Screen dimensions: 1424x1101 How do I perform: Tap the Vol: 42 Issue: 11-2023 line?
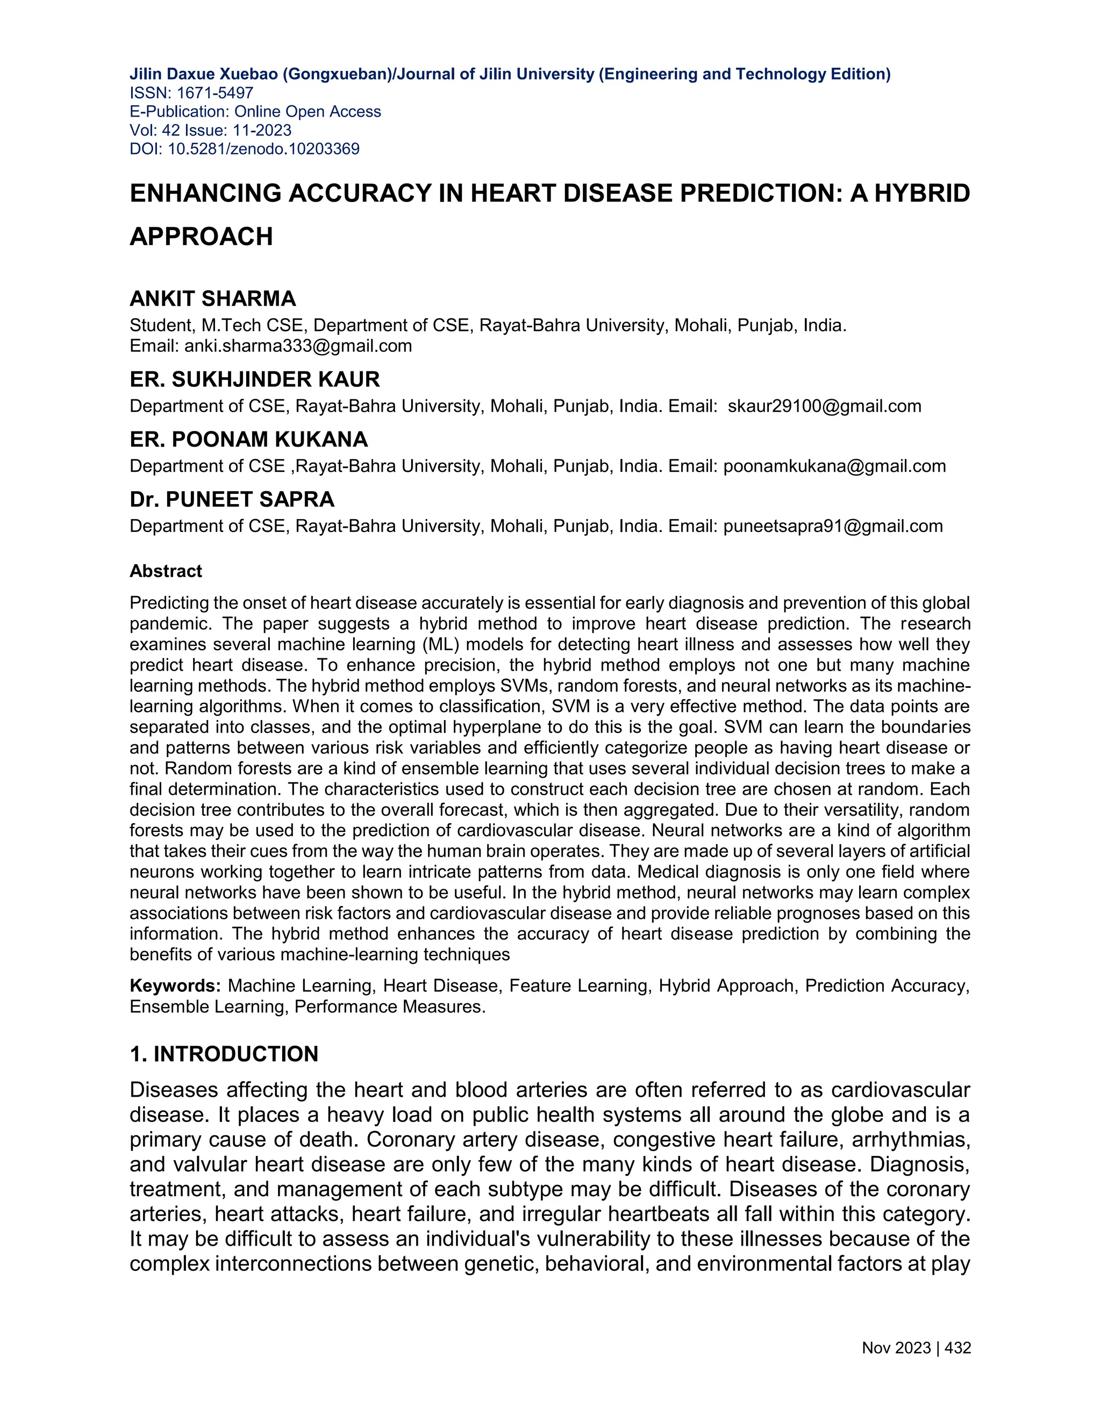click(210, 131)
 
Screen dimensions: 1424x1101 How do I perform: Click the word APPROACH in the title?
click(201, 236)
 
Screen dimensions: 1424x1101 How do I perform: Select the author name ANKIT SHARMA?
click(213, 299)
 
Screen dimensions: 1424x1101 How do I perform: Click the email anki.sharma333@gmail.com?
click(298, 346)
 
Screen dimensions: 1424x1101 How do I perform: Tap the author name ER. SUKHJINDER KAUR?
click(254, 379)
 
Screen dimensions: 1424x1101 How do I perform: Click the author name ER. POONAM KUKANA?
click(248, 440)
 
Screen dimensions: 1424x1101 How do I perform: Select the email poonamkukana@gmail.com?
click(834, 466)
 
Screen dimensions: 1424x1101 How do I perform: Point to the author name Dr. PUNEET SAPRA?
click(232, 499)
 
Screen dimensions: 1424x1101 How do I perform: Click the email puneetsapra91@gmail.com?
click(833, 526)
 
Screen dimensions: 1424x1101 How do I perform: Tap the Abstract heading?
click(166, 571)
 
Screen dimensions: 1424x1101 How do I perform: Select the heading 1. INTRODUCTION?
click(224, 1054)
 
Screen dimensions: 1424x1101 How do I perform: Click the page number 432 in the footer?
click(957, 1348)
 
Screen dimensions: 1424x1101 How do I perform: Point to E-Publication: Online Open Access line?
click(255, 111)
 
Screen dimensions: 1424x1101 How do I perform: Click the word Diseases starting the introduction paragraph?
click(174, 1090)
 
